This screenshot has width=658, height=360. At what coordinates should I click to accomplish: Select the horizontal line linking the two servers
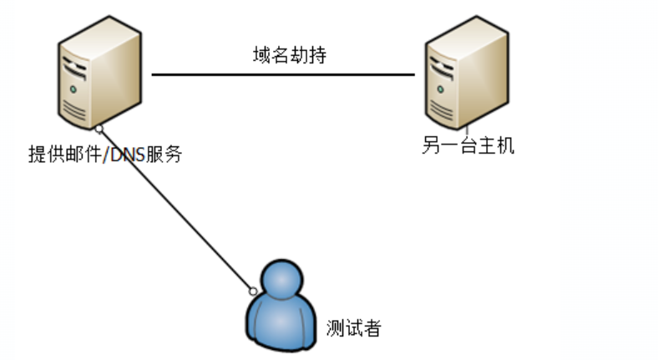284,74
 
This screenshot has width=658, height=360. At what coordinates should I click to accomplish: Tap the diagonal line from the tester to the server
175,209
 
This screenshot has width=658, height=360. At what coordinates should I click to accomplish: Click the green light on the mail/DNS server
73,86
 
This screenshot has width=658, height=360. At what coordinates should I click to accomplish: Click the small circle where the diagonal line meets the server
99,128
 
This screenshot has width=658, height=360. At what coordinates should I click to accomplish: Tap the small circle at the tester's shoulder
252,291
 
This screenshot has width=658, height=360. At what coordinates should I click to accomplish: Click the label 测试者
353,327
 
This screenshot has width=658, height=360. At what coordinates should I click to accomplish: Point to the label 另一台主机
468,147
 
